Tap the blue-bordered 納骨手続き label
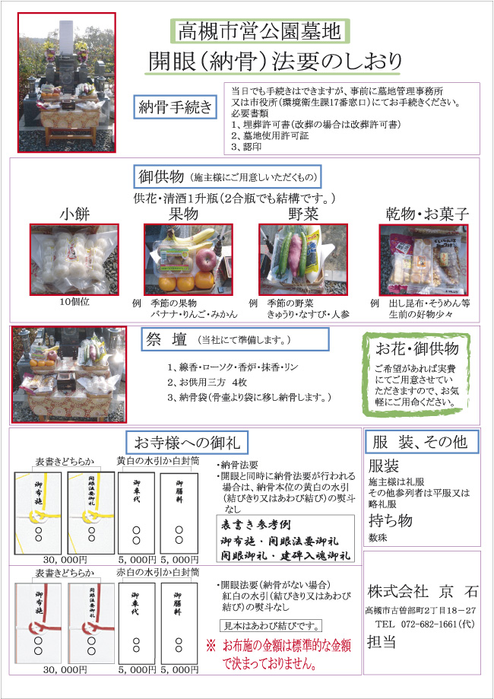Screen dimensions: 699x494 click(175, 108)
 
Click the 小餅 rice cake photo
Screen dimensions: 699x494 click(74, 259)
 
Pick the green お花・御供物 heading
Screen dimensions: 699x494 click(417, 348)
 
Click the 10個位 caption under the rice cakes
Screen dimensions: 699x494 click(74, 301)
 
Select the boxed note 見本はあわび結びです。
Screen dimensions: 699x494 click(270, 627)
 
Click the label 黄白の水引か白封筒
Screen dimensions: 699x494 click(157, 461)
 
